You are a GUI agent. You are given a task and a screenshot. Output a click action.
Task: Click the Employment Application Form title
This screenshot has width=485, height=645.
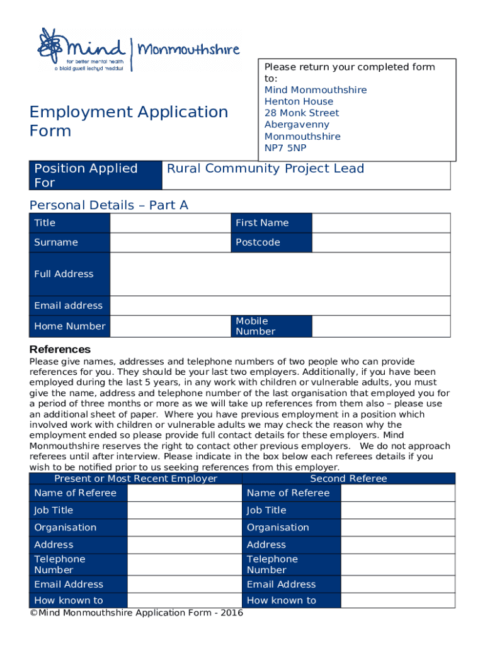128,121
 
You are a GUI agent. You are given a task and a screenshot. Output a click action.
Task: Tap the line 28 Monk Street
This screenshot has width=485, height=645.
302,113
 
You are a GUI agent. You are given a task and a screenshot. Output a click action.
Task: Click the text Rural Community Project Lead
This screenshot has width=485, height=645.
265,168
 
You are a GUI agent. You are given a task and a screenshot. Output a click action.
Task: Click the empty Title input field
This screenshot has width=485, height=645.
170,223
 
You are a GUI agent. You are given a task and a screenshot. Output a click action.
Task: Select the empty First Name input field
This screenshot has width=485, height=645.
380,223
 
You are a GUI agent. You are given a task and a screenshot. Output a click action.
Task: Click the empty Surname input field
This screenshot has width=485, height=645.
170,243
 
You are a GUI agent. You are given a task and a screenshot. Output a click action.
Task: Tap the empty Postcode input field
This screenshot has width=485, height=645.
380,243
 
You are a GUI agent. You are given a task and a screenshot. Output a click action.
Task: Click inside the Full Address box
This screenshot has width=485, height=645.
280,274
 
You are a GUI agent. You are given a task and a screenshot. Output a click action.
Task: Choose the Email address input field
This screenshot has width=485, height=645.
280,305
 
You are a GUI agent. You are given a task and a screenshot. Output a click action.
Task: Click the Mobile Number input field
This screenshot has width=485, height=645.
380,326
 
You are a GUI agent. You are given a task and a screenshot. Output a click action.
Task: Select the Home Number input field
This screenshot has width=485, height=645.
170,326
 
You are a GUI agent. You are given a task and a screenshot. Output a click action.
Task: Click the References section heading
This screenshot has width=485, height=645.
60,349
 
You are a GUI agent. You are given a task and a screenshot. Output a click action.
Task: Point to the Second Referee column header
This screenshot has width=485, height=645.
348,479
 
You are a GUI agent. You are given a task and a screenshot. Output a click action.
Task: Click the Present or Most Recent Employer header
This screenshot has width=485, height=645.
135,479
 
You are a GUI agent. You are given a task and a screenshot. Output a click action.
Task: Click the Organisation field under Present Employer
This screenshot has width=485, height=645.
184,527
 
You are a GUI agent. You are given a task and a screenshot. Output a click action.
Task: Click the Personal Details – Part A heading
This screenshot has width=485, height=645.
109,205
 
